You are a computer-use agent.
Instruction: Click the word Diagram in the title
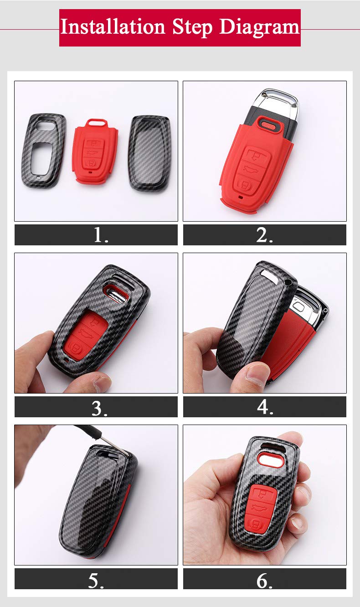259,27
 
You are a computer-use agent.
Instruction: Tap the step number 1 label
101,235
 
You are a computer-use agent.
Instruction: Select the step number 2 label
264,235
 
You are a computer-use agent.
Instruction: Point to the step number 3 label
99,407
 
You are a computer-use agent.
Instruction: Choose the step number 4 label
265,407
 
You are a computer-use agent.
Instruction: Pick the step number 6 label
264,579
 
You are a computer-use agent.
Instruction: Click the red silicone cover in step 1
95,152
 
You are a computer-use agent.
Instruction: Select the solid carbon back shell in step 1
150,152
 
